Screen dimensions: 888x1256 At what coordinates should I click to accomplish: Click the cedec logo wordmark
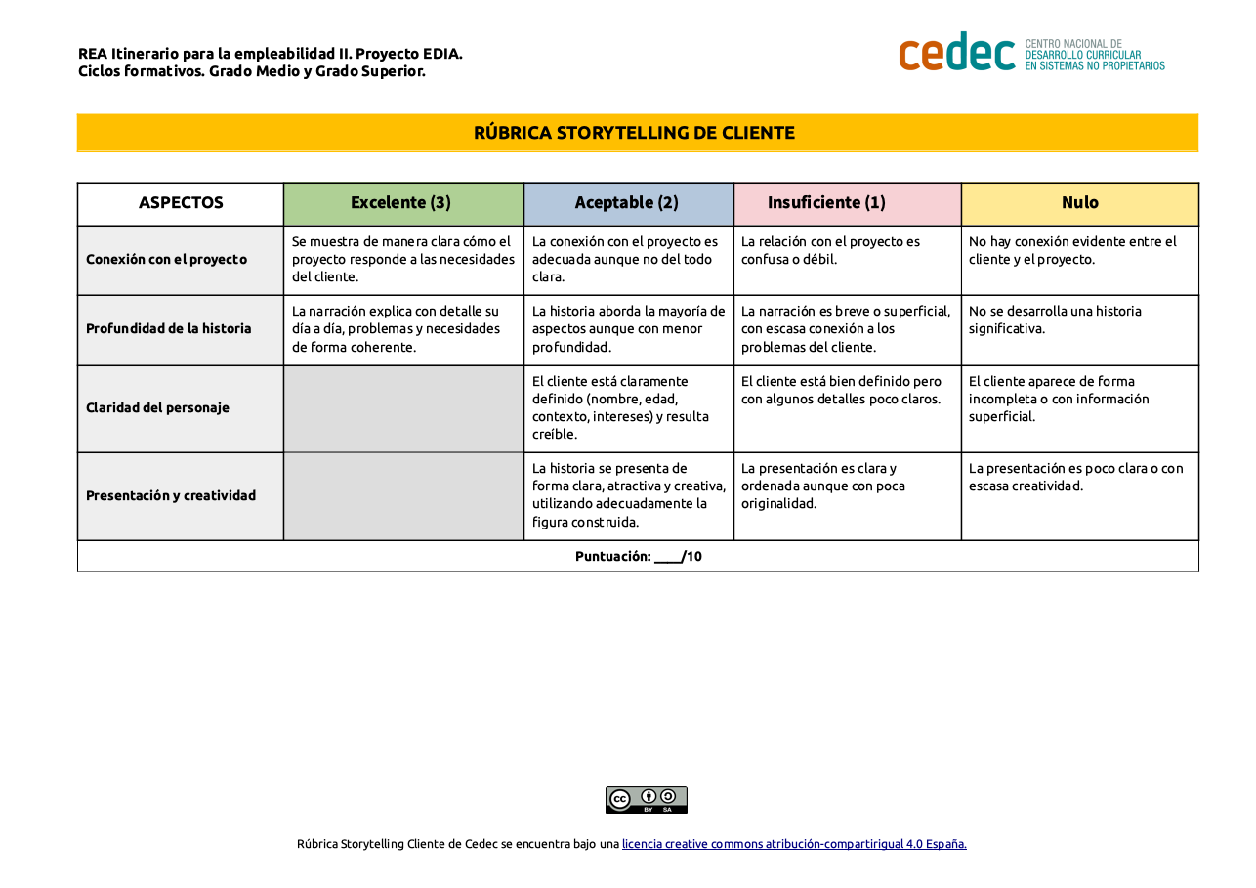click(x=956, y=52)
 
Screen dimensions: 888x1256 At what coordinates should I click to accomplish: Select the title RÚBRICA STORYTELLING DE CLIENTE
click(x=634, y=133)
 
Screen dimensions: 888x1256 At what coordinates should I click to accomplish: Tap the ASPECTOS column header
click(x=181, y=203)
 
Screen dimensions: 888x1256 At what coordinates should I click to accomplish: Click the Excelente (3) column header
click(x=400, y=203)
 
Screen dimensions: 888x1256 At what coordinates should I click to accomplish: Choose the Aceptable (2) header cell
click(x=626, y=203)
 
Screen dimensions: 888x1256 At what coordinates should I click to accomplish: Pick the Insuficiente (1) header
click(x=826, y=203)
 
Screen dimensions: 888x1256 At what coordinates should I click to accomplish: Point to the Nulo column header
click(x=1079, y=203)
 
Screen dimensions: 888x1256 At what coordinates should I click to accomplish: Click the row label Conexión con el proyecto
click(x=166, y=260)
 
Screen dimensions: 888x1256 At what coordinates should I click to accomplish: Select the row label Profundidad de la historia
click(x=168, y=329)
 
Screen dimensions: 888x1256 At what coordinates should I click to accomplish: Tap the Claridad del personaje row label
click(x=157, y=408)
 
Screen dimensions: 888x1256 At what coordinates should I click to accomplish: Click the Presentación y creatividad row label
click(x=171, y=496)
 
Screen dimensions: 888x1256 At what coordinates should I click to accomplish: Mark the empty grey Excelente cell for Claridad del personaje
click(x=403, y=408)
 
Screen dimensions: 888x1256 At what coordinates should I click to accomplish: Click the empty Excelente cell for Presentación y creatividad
click(x=403, y=496)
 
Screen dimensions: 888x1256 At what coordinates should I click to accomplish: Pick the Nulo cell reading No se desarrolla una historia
click(x=1055, y=320)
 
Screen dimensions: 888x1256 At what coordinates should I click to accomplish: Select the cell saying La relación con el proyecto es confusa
click(x=830, y=251)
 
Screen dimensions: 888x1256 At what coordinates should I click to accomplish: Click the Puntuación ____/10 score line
click(x=638, y=557)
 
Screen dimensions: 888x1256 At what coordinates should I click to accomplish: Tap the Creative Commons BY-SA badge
click(x=646, y=800)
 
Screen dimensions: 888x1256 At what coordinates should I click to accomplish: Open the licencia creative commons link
click(x=794, y=844)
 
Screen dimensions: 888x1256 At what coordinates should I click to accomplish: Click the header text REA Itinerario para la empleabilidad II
click(x=270, y=54)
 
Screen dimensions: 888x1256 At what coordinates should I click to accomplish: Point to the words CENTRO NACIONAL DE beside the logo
click(x=1072, y=44)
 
